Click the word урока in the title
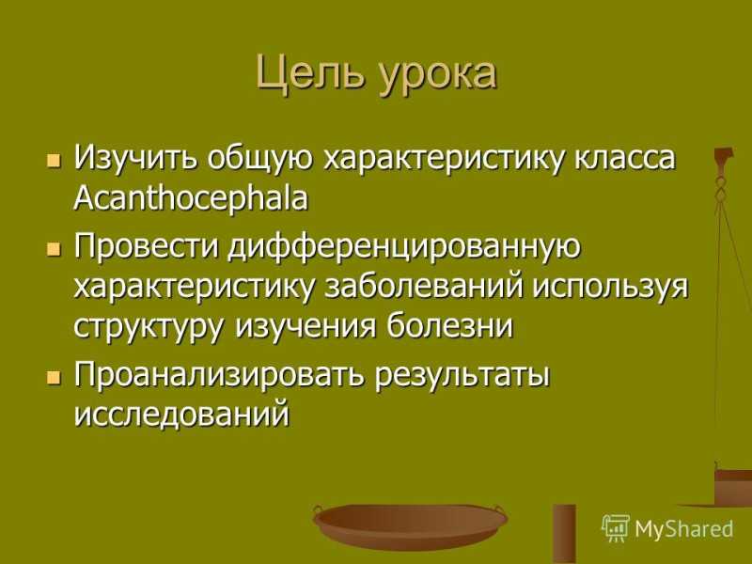click(438, 77)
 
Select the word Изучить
click(135, 158)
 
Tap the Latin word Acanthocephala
click(191, 197)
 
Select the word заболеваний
click(424, 287)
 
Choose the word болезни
click(449, 326)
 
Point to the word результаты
click(462, 377)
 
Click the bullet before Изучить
click(55, 160)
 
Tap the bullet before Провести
click(55, 249)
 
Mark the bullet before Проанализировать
click(55, 378)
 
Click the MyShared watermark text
click(684, 529)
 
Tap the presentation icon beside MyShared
click(616, 528)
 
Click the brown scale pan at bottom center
click(410, 526)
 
